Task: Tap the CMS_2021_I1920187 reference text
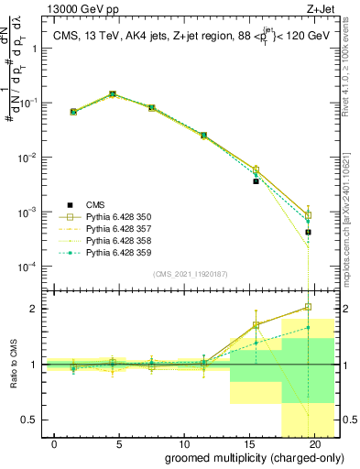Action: (189, 274)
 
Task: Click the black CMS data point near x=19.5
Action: (308, 232)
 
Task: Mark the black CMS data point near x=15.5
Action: (256, 180)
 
